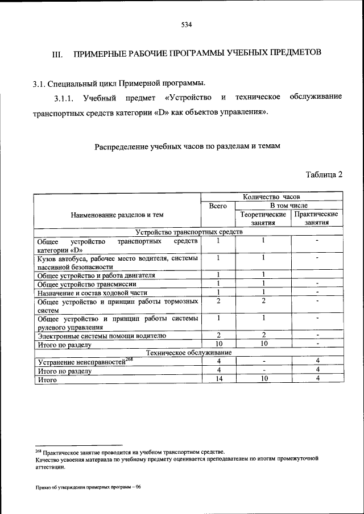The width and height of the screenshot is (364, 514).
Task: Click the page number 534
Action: click(x=186, y=25)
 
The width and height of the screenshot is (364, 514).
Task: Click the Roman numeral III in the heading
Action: click(x=57, y=54)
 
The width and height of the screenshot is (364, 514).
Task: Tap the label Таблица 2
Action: click(x=324, y=174)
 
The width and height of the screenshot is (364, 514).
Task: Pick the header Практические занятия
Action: click(x=316, y=219)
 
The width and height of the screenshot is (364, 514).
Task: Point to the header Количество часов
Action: click(x=271, y=197)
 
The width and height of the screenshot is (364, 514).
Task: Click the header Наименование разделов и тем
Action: click(x=117, y=215)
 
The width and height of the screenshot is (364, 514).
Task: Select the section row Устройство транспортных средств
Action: click(x=188, y=232)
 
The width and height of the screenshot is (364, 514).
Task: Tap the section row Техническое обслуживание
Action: click(x=188, y=352)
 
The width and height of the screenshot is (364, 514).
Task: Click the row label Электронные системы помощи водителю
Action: click(x=102, y=336)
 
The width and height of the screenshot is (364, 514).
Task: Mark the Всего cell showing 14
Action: click(x=218, y=379)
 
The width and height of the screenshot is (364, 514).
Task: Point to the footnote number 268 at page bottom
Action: click(x=38, y=450)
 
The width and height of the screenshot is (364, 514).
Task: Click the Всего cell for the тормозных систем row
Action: click(x=218, y=301)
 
